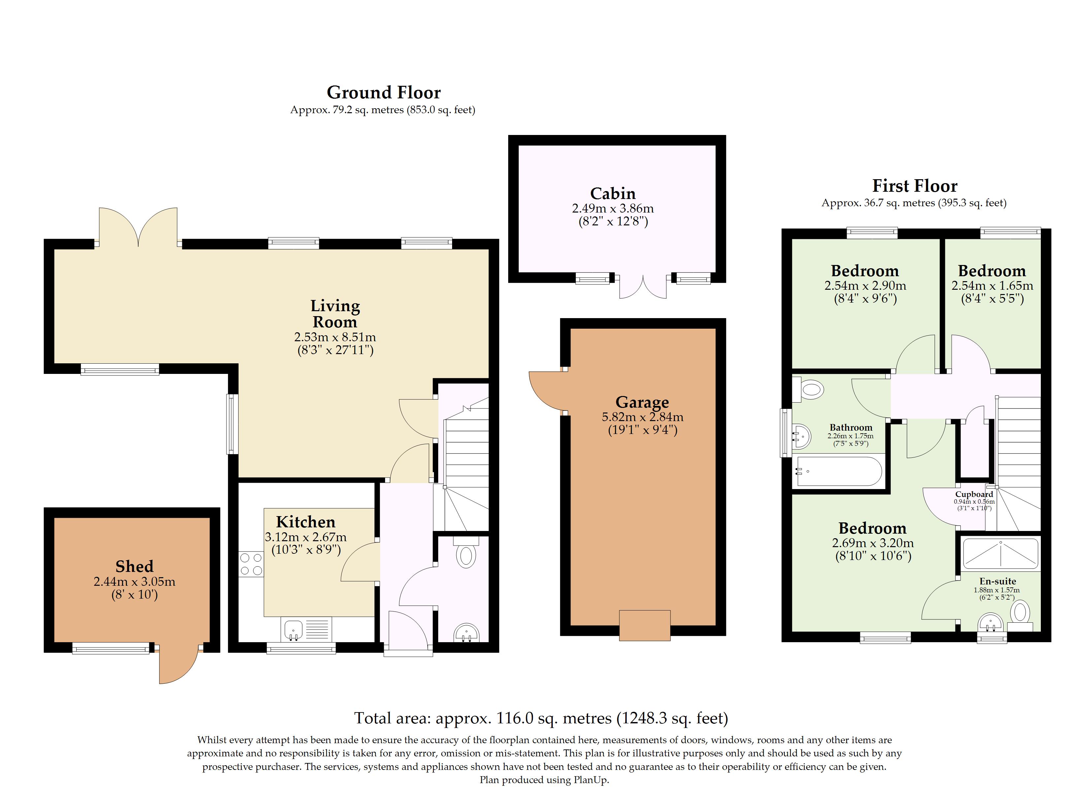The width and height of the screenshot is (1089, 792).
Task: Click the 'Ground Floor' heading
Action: click(x=384, y=92)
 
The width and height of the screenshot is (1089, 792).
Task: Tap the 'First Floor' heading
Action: click(x=915, y=185)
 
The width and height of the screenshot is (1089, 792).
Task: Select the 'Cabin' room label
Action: click(x=613, y=194)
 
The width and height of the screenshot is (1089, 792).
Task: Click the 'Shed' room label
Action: click(x=134, y=566)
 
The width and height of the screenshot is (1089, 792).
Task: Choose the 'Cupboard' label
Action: click(x=974, y=494)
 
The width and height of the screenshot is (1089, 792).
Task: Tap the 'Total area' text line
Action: click(x=541, y=718)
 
